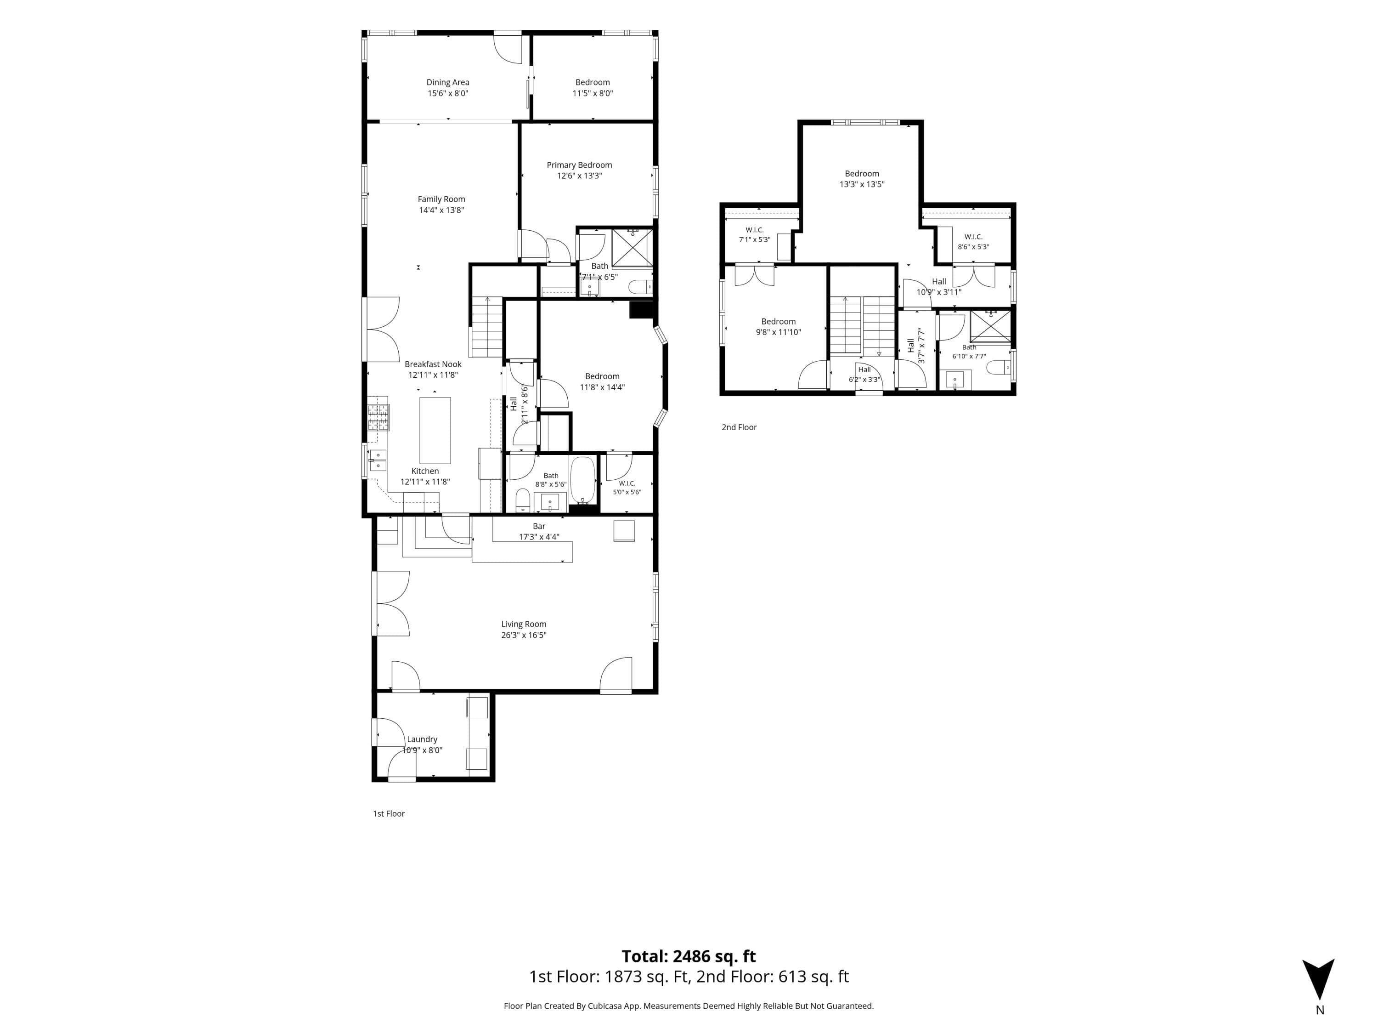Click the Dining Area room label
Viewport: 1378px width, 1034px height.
[447, 82]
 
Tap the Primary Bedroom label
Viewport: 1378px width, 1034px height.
[579, 165]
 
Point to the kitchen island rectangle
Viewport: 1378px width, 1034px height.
[435, 430]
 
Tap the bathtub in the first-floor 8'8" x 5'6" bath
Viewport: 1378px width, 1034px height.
[583, 480]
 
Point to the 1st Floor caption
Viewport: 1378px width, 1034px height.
[389, 813]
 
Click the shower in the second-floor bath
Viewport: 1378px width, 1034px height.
[990, 326]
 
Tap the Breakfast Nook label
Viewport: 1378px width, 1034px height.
[433, 364]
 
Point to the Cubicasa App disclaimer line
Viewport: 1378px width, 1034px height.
[689, 1006]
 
